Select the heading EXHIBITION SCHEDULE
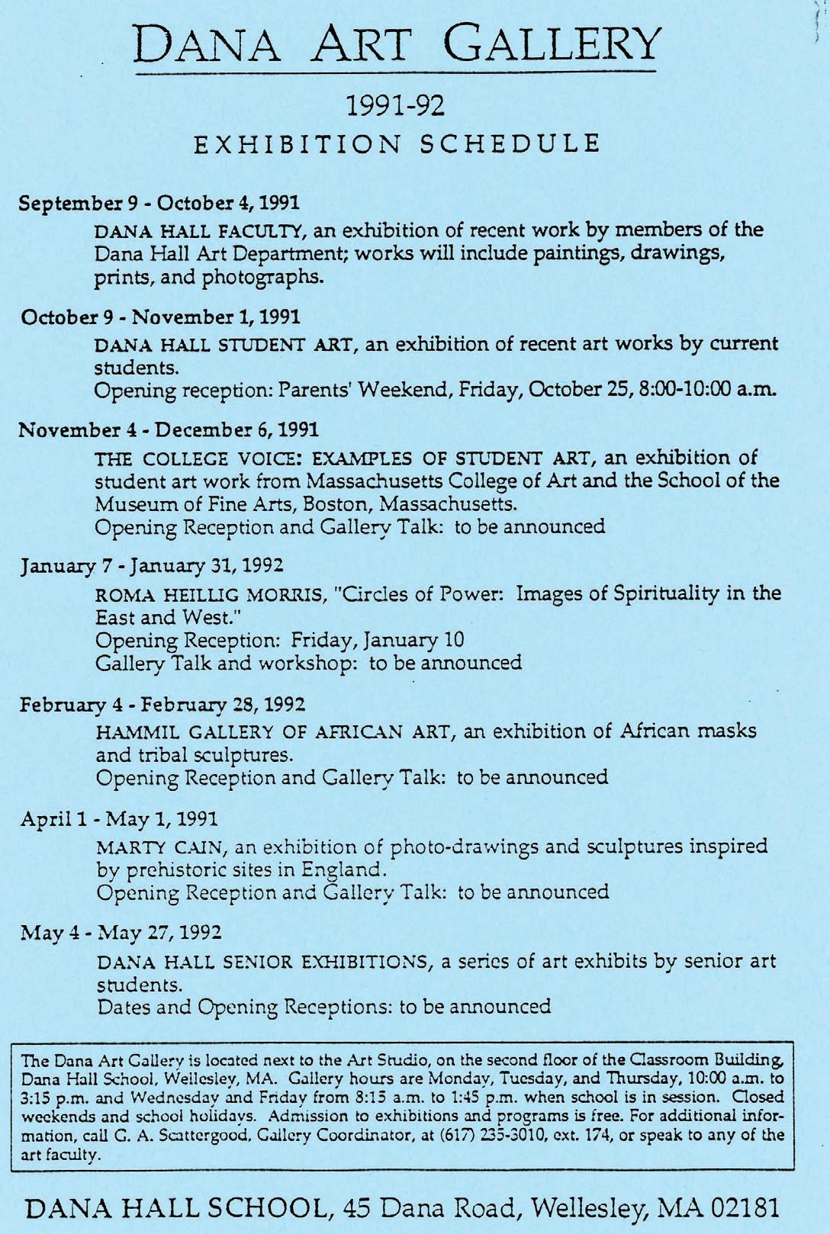[395, 143]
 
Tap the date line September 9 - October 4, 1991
[159, 204]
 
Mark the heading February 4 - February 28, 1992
[162, 702]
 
